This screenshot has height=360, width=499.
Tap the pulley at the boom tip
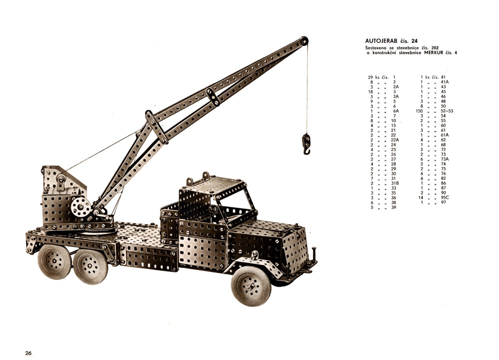(x=304, y=41)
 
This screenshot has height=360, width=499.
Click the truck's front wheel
(x=251, y=286)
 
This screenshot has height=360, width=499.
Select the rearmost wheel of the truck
(x=54, y=261)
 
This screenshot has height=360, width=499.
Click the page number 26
(x=28, y=353)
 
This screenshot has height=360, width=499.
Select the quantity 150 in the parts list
(x=419, y=111)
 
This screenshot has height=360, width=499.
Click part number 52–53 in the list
(x=447, y=111)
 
